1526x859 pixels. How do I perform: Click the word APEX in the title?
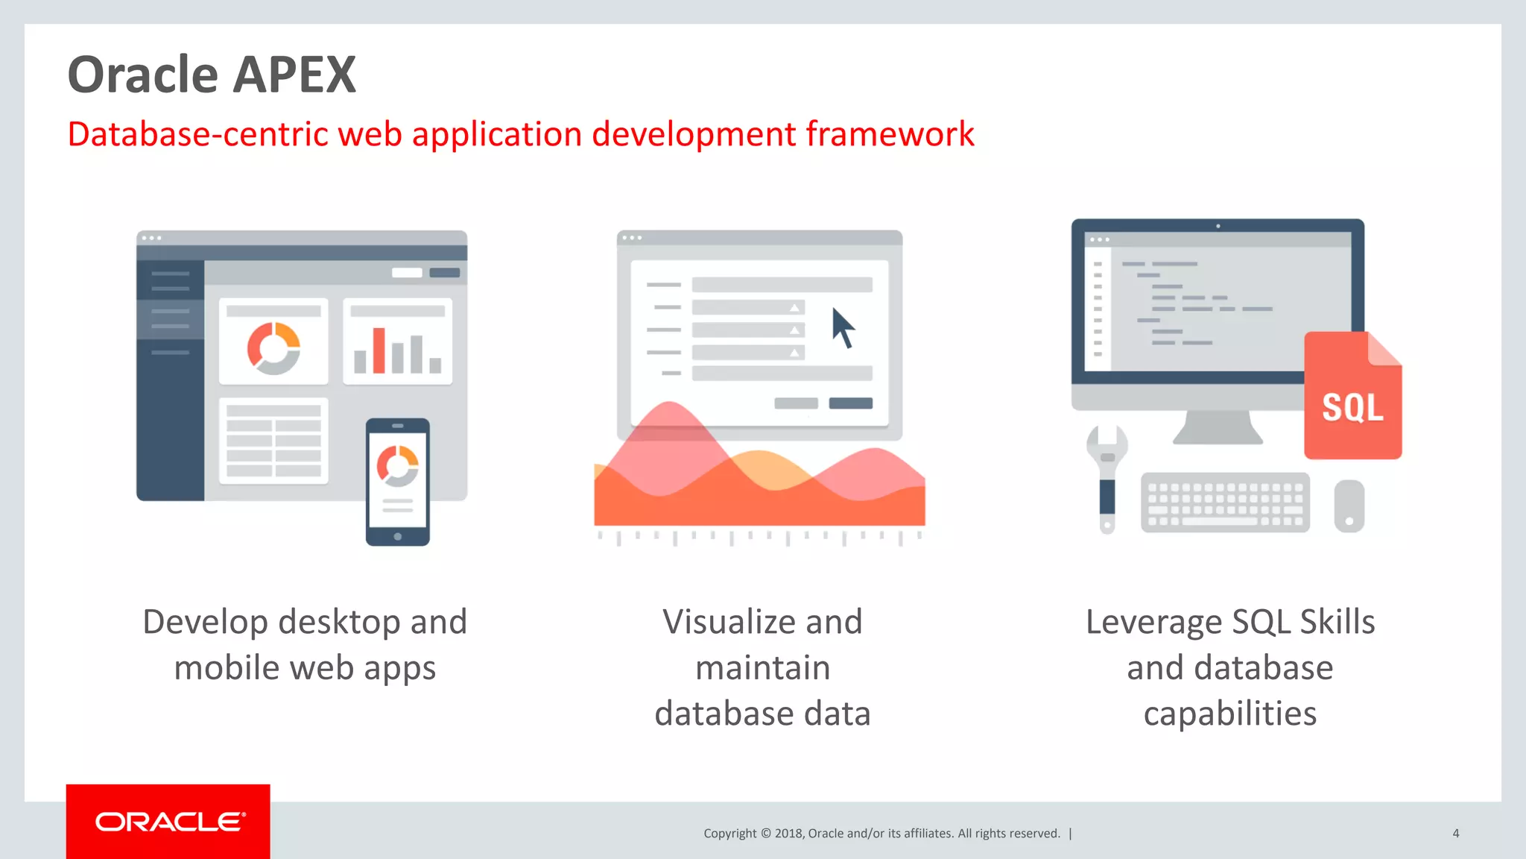click(296, 75)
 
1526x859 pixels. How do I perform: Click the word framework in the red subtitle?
click(889, 135)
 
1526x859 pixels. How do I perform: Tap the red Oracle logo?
click(168, 821)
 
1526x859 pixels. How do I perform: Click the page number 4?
click(1455, 833)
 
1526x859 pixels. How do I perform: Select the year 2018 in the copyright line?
click(788, 833)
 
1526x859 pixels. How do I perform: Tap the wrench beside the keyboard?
click(1107, 477)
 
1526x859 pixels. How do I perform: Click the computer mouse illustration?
click(1349, 506)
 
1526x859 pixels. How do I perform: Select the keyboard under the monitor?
click(1224, 503)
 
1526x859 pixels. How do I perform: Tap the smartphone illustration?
click(397, 482)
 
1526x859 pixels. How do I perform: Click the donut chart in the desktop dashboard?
click(273, 347)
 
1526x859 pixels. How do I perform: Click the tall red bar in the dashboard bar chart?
click(379, 350)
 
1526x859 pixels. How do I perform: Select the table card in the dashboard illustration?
click(273, 441)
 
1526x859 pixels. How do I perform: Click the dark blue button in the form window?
click(850, 403)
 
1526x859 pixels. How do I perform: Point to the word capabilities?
click(1229, 714)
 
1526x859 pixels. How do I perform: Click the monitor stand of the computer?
click(1218, 427)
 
